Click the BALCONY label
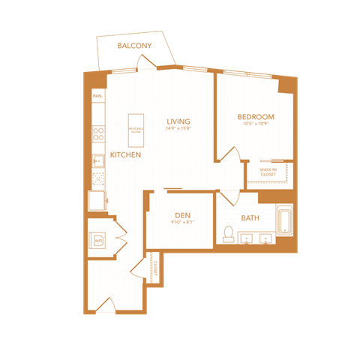(135, 46)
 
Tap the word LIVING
(178, 121)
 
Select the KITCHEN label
(124, 154)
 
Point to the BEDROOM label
(255, 117)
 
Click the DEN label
(179, 214)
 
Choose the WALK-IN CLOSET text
(268, 172)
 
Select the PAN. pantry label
(97, 97)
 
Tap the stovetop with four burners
(97, 133)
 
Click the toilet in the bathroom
(229, 234)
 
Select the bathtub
(284, 220)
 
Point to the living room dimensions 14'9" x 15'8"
(178, 128)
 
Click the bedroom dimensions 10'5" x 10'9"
(255, 124)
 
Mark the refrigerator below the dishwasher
(97, 200)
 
